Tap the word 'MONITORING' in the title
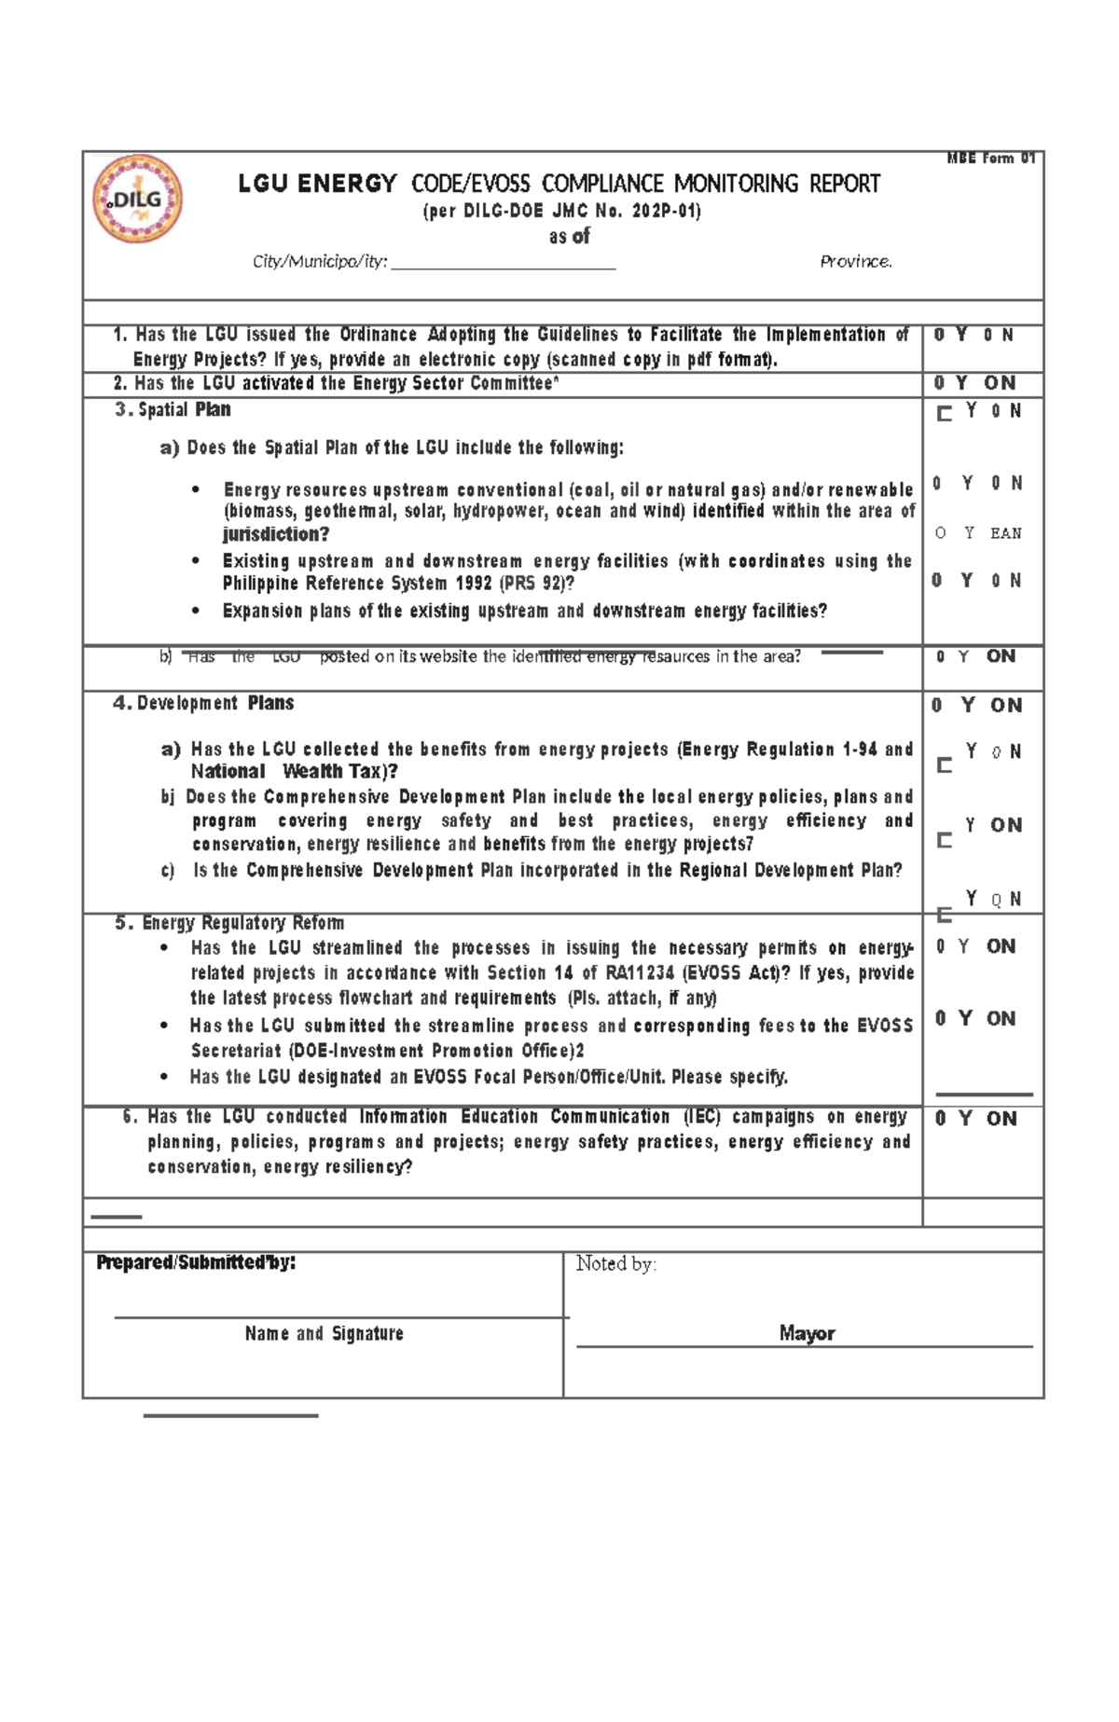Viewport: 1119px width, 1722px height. coord(739,184)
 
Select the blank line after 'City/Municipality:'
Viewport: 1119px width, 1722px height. coord(504,265)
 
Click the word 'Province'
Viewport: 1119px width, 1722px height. coord(855,262)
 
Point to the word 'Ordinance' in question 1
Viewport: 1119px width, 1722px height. coord(378,335)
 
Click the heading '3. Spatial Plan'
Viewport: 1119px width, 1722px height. coord(173,410)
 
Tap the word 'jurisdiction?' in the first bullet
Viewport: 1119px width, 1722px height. coord(276,534)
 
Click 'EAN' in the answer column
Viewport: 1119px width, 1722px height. coord(1006,533)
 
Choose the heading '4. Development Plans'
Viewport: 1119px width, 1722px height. coord(203,704)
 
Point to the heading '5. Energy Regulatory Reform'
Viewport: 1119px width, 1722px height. coord(229,923)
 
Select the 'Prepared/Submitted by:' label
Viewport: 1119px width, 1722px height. coord(196,1263)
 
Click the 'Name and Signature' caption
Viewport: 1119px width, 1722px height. coord(324,1334)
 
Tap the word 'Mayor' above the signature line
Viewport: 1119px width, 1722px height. coord(807,1334)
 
